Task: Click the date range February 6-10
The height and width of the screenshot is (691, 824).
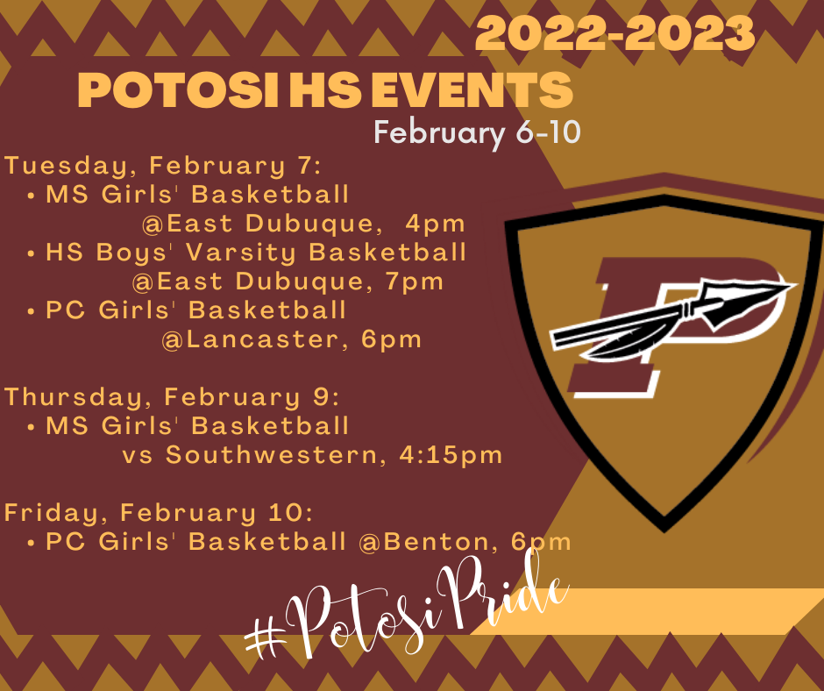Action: coord(477,133)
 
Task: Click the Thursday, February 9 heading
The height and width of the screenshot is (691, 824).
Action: coord(172,396)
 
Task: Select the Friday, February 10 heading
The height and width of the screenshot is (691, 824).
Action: coord(159,512)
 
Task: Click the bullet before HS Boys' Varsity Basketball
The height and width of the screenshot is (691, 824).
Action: coord(32,253)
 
